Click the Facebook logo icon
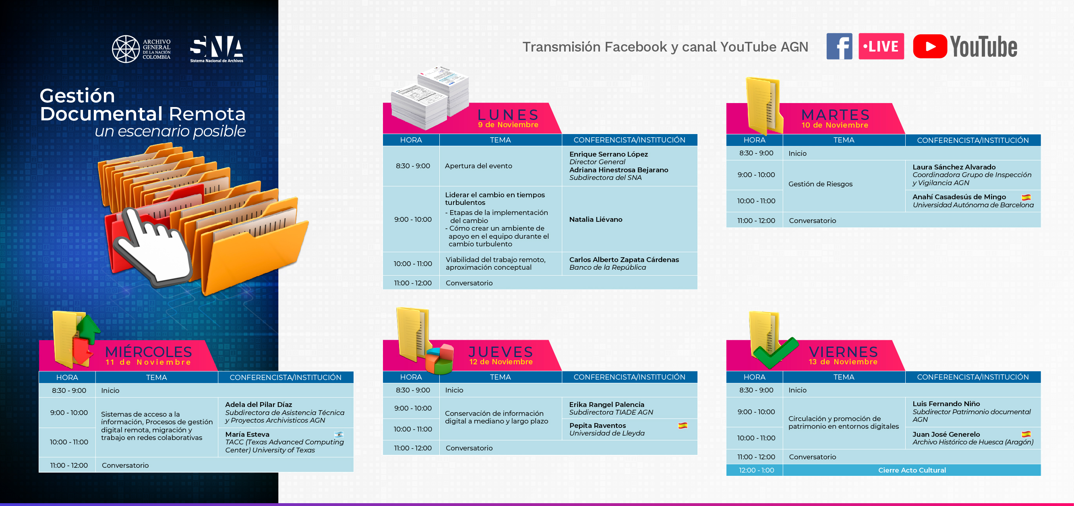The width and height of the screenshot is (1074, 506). (839, 46)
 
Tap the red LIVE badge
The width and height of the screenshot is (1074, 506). (881, 46)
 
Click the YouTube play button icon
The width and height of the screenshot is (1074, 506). (930, 46)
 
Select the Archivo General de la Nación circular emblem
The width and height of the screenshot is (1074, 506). (126, 49)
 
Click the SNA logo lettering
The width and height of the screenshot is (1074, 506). (216, 47)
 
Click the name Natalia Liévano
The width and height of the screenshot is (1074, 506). (596, 219)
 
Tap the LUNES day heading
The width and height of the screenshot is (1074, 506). (508, 115)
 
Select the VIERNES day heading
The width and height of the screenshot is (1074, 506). (843, 352)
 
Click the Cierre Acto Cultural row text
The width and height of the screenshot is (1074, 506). (912, 470)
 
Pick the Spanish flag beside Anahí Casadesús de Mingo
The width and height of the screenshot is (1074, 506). (1026, 197)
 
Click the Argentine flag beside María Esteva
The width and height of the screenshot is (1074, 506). (339, 434)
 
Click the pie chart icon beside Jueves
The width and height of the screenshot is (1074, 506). (440, 359)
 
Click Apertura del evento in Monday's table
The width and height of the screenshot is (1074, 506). (478, 166)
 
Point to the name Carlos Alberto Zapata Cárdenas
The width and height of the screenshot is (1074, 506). (624, 260)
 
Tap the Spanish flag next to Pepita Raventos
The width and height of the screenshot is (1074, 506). (683, 425)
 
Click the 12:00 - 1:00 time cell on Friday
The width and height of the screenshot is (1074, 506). (756, 470)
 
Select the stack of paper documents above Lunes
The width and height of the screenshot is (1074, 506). (430, 97)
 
